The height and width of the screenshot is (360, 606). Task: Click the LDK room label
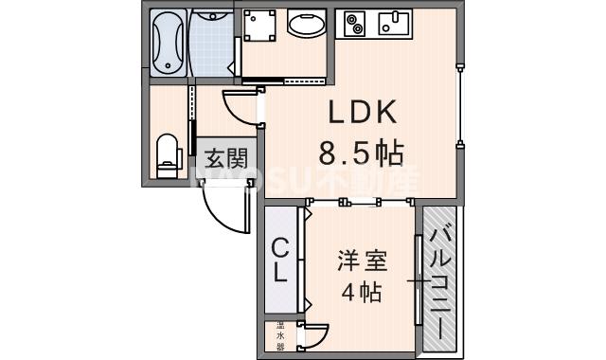[361, 114]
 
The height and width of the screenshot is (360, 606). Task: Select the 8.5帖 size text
[361, 152]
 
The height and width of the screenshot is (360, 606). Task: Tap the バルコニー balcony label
[439, 281]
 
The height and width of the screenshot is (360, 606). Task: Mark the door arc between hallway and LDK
[241, 104]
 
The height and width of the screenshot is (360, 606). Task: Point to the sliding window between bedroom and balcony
[418, 280]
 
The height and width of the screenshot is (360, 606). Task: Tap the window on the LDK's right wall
[460, 104]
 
